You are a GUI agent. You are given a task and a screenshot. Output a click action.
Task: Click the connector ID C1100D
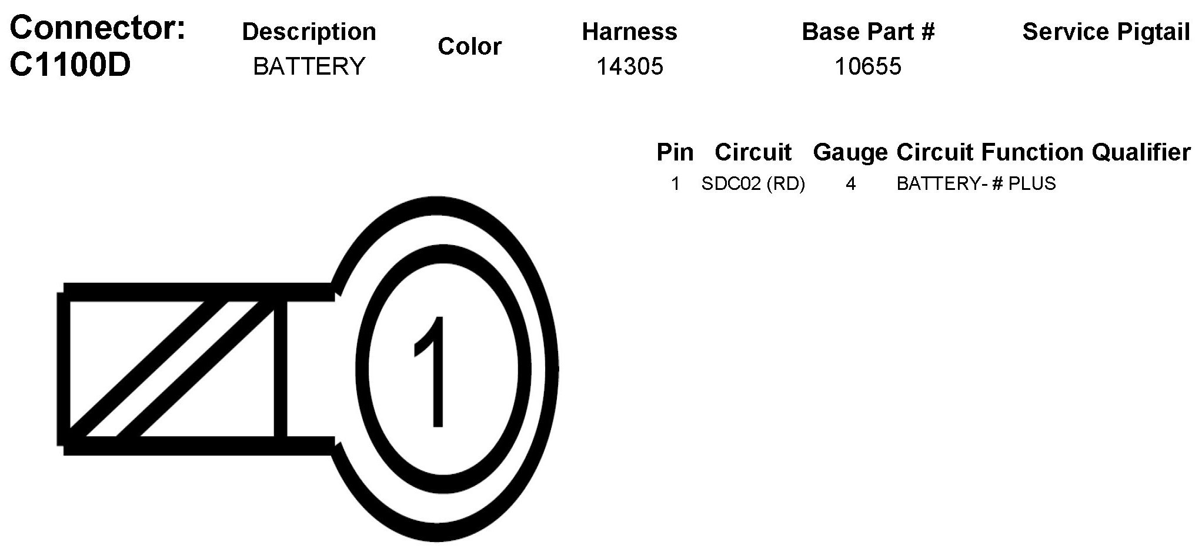(x=70, y=65)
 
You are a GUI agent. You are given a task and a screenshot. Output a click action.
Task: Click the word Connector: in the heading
(x=98, y=28)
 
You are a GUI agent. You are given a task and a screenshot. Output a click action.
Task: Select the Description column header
(x=309, y=32)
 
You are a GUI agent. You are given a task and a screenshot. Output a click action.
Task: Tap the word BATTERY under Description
(x=309, y=66)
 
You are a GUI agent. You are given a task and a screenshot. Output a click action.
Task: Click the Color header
(x=470, y=46)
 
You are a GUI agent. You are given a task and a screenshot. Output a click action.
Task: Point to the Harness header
(x=630, y=32)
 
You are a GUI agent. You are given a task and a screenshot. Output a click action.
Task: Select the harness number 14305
(x=630, y=66)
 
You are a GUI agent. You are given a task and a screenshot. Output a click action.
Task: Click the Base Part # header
(x=868, y=32)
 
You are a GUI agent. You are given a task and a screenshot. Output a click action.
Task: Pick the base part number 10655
(x=868, y=66)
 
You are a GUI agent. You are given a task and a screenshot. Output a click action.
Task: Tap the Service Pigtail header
(x=1106, y=32)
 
